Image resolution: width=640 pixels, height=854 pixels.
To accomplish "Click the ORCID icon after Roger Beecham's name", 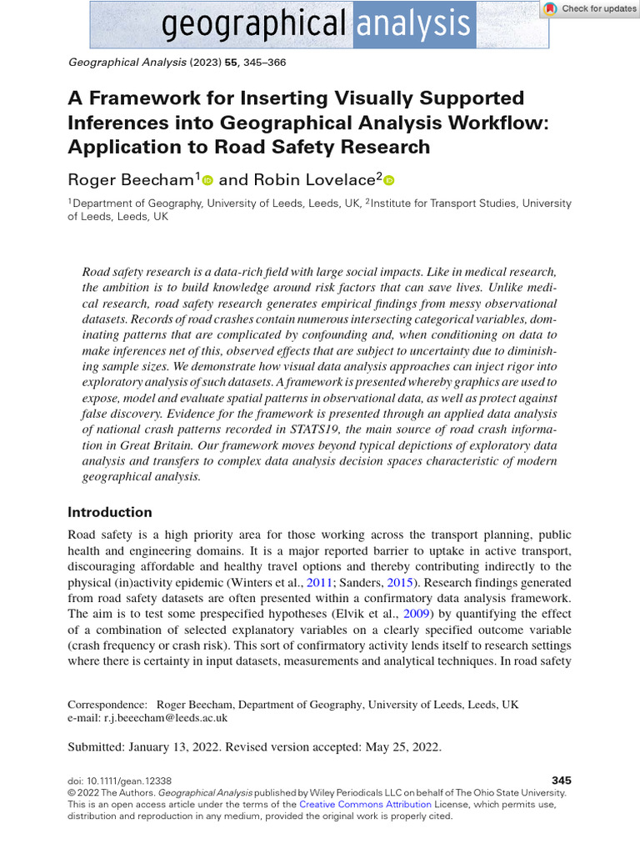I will click(x=207, y=179).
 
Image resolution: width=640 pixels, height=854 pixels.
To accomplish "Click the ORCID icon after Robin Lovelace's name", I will click(x=388, y=179).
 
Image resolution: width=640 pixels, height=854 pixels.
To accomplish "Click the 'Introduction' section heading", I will click(x=109, y=512).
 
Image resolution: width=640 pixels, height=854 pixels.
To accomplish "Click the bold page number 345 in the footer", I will click(x=562, y=780).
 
